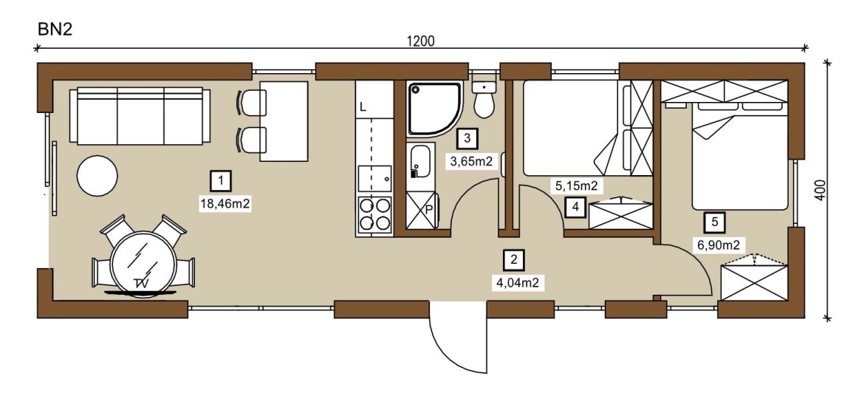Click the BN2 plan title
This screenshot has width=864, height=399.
(x=55, y=30)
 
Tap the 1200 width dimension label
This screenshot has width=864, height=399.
(x=421, y=41)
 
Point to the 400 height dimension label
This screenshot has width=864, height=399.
(x=820, y=190)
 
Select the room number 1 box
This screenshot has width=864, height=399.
(x=221, y=180)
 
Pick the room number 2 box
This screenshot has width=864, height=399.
(x=513, y=259)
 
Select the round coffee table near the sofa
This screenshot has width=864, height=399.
(x=97, y=175)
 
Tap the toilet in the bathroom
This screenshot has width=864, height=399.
(x=484, y=99)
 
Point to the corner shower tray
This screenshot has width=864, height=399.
(x=434, y=109)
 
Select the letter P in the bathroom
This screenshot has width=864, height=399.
(x=429, y=210)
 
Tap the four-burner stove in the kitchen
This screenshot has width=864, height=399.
(x=374, y=214)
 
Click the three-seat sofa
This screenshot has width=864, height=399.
(x=140, y=116)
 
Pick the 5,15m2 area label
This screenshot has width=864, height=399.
(x=576, y=185)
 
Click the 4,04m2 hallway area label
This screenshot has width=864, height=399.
(x=518, y=283)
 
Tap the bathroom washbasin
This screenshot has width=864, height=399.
(x=420, y=160)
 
